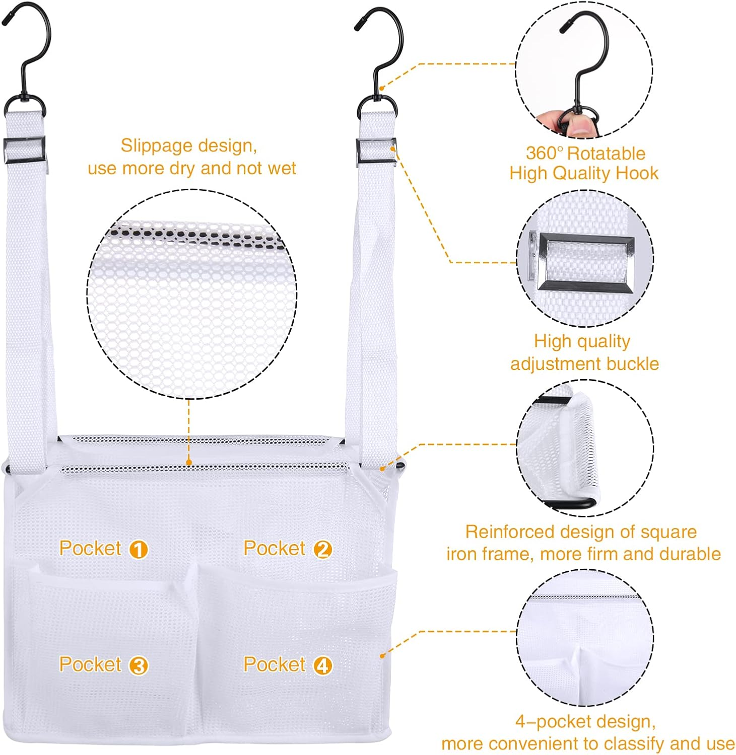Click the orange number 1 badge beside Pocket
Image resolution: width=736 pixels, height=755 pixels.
(139, 549)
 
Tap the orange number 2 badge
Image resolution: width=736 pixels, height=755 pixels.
(323, 549)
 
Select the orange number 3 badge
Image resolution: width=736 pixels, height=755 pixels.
(139, 666)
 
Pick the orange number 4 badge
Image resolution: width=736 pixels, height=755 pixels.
(323, 666)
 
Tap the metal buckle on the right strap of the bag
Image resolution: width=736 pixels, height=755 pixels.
(376, 152)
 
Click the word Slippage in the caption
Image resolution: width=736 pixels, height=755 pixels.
(157, 146)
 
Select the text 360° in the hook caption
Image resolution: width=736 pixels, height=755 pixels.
(544, 153)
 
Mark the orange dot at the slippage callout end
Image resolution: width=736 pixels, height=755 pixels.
(189, 462)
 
